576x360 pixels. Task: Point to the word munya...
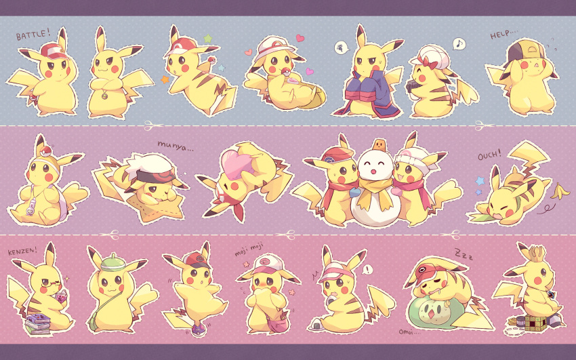pos(176,144)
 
